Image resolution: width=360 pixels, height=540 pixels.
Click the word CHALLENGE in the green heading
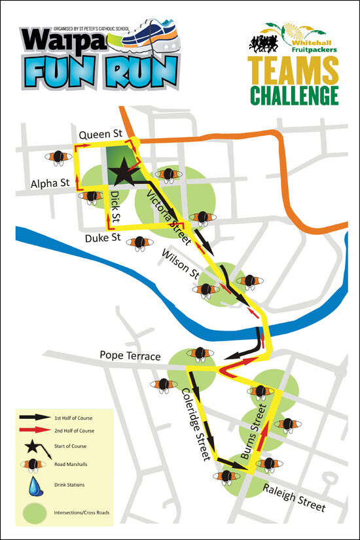[287, 95]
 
